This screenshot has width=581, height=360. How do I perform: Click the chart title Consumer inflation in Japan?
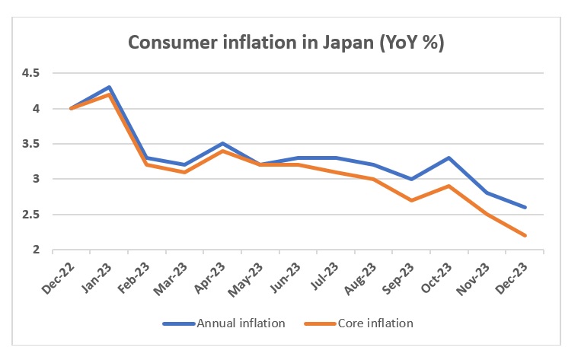pyautogui.click(x=286, y=43)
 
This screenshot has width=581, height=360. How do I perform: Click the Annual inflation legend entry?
pyautogui.click(x=225, y=323)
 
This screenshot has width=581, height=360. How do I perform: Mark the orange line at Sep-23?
pyautogui.click(x=412, y=200)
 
